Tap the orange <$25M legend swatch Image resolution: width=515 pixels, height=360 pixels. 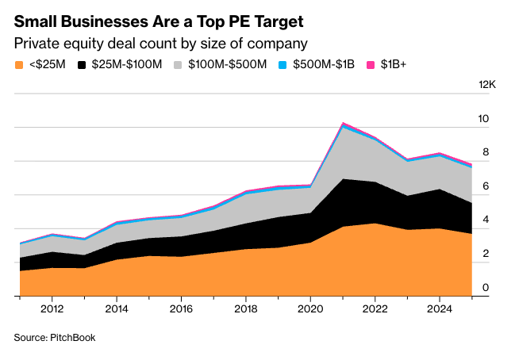click(x=18, y=64)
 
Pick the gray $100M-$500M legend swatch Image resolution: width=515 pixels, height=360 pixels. click(x=179, y=64)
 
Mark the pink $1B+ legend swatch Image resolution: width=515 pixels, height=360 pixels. click(x=371, y=64)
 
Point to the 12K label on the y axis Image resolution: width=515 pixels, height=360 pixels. click(x=485, y=85)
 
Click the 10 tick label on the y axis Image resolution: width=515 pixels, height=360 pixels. click(x=483, y=119)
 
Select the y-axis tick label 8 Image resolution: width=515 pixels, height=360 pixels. click(x=484, y=152)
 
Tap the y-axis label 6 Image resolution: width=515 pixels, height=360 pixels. click(x=484, y=186)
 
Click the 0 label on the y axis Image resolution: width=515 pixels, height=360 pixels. click(x=484, y=288)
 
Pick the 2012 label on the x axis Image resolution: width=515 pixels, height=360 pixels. click(x=52, y=309)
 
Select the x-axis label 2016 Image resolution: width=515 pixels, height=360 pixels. click(x=182, y=309)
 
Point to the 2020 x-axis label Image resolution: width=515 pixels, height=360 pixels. click(x=309, y=309)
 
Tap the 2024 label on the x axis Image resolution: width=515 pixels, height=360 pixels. click(x=439, y=309)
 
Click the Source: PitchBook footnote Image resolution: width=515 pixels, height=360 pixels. click(x=54, y=338)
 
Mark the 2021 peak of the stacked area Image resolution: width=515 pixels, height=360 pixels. click(x=342, y=124)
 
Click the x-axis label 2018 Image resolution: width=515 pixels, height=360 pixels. click(x=246, y=309)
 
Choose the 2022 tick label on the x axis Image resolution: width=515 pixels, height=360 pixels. click(x=375, y=309)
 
